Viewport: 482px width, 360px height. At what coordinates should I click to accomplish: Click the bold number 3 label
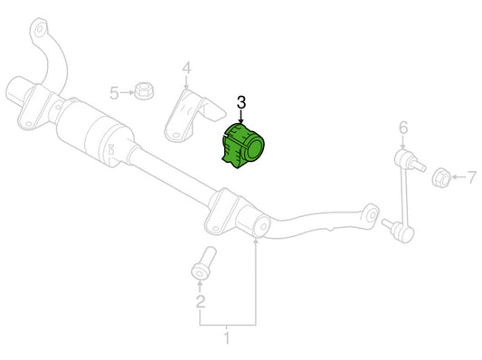(x=241, y=102)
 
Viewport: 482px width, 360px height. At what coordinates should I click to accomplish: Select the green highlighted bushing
(x=243, y=146)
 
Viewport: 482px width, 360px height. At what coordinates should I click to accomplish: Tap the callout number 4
(x=186, y=68)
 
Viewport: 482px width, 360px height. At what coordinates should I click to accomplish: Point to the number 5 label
(x=114, y=93)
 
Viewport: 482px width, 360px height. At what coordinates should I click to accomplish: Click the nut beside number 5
(x=144, y=90)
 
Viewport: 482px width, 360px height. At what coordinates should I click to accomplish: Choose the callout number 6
(x=403, y=127)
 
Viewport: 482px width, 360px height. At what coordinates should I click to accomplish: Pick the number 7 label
(x=471, y=177)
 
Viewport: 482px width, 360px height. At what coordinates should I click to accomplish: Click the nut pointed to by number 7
(x=441, y=177)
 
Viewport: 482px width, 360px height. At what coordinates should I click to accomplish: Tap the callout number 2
(x=201, y=301)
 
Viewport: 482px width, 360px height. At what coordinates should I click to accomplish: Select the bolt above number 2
(x=203, y=263)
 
